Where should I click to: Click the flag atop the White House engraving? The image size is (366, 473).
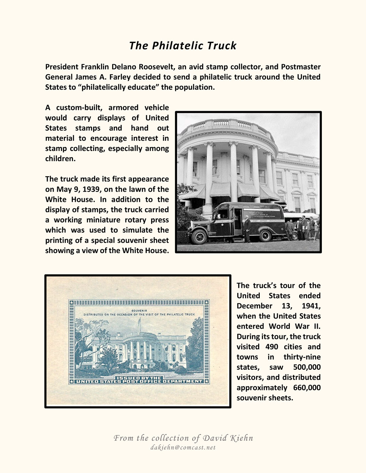pyautogui.click(x=139, y=321)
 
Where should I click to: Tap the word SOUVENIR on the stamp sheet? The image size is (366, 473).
pyautogui.click(x=139, y=311)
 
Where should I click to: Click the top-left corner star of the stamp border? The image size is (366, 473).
pyautogui.click(x=71, y=302)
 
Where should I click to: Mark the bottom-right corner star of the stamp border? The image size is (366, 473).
pyautogui.click(x=206, y=382)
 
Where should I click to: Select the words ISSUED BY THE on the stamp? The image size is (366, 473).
pyautogui.click(x=139, y=378)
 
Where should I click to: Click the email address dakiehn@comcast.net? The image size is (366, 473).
pyautogui.click(x=183, y=448)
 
